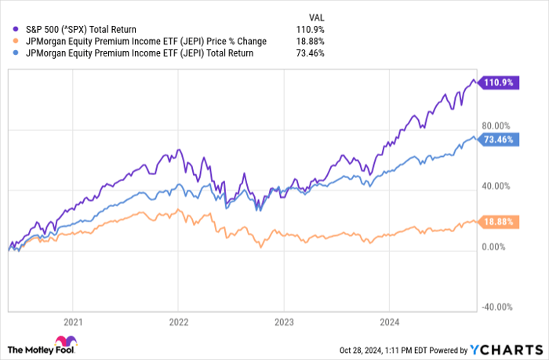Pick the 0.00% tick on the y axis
496,247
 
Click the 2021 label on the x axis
73,322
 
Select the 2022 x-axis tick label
178,322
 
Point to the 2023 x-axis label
283,322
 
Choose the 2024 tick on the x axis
388,322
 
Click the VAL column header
314,16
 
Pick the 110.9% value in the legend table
312,29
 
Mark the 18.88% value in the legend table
311,41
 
